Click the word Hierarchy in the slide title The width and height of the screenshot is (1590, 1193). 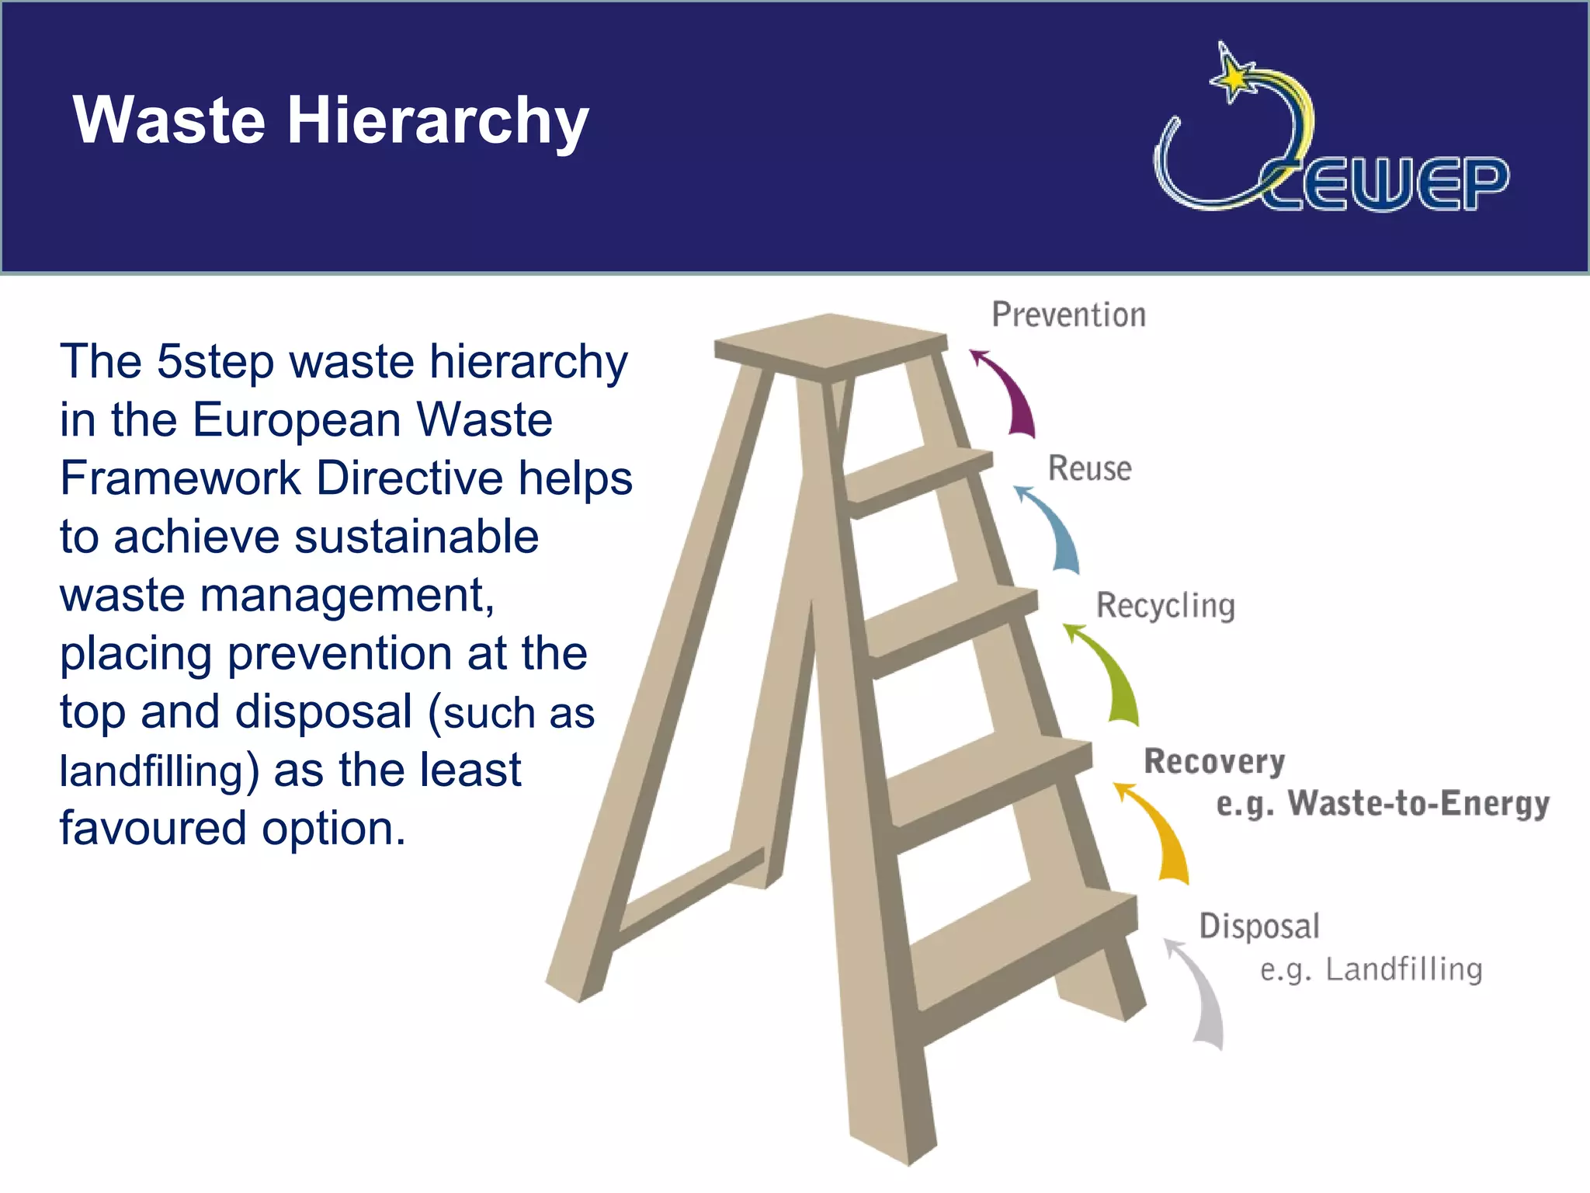click(438, 121)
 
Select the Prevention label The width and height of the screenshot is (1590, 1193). click(1068, 315)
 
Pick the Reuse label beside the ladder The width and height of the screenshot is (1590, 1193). click(1089, 468)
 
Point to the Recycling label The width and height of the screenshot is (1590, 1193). click(1165, 606)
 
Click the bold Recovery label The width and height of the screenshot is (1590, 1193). click(1214, 761)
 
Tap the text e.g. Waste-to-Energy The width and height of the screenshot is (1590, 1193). click(1382, 803)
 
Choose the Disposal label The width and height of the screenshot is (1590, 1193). click(1258, 926)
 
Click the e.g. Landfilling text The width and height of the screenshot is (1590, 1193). click(1370, 969)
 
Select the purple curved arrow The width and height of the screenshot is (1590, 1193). click(1009, 392)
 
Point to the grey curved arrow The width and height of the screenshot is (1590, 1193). click(1199, 994)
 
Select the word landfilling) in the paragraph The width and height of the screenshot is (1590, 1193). click(159, 770)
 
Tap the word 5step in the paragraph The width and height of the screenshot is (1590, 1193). click(215, 362)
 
